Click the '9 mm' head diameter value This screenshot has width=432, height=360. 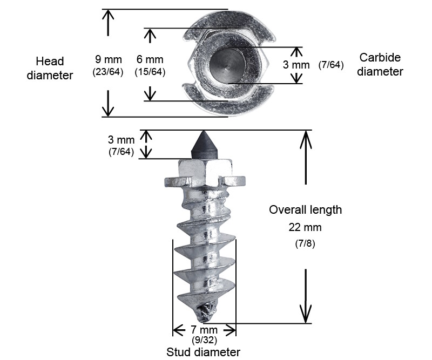pos(109,59)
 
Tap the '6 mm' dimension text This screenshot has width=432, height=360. pos(150,59)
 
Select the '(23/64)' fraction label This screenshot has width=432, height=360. pos(109,71)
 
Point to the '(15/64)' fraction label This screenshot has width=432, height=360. pos(150,71)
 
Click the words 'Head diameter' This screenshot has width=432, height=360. pos(50,68)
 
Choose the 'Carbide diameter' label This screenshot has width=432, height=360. pos(380,64)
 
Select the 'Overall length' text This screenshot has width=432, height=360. pos(305,209)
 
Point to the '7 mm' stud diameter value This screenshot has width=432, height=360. pos(204,330)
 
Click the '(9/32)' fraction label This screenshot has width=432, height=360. pos(204,340)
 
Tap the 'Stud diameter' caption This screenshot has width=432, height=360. pos(203,352)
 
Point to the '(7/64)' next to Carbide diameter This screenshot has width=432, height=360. pos(330,65)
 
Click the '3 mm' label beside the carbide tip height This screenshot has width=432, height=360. pos(121,140)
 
